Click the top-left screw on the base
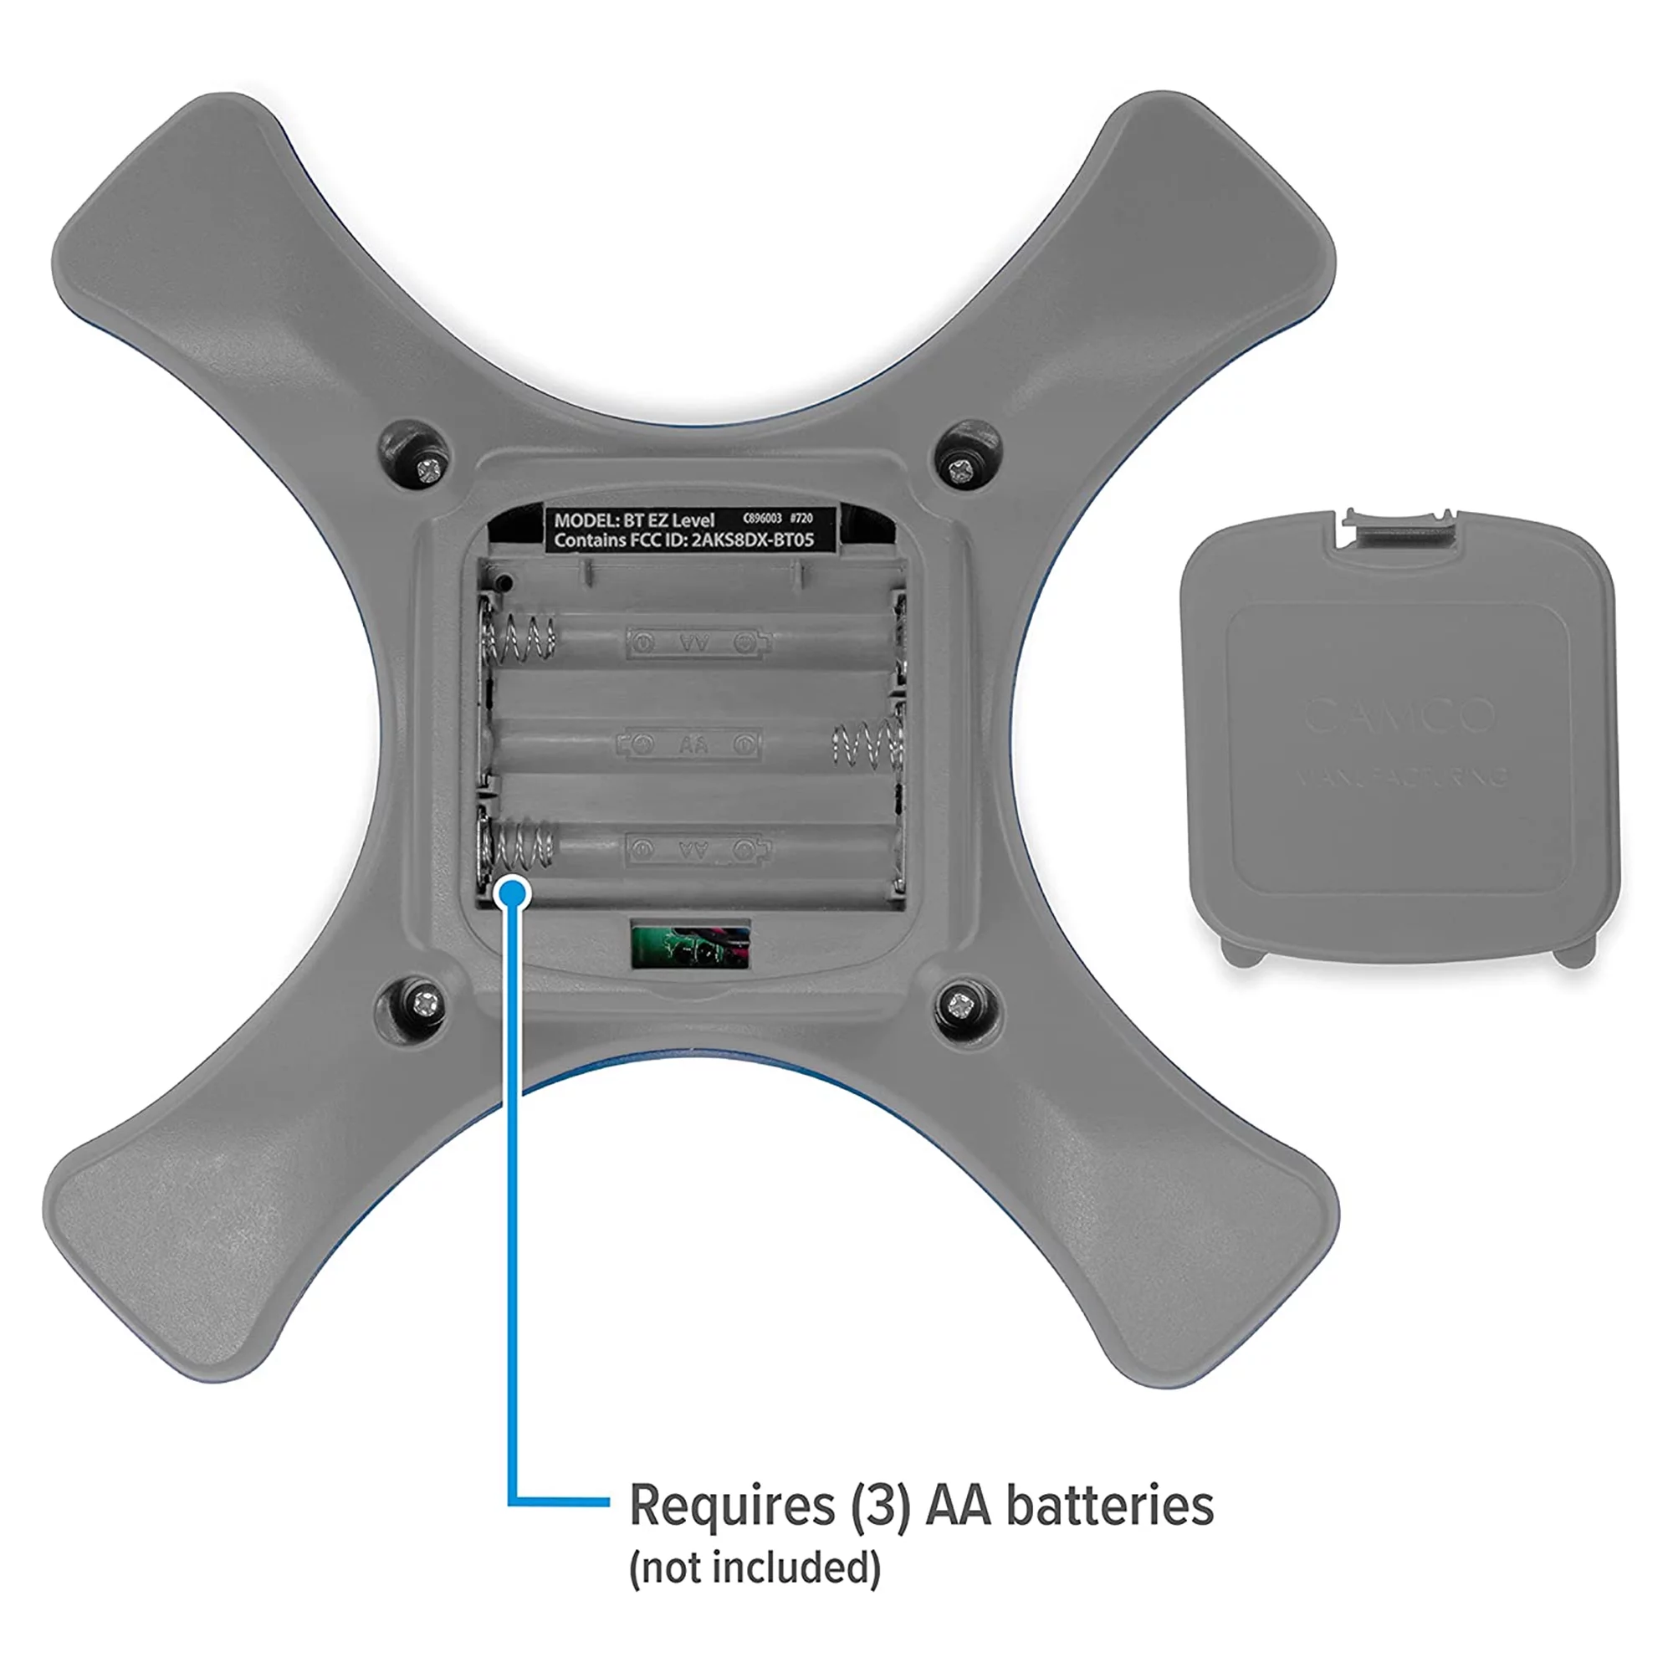tap(428, 470)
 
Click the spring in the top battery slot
tap(519, 640)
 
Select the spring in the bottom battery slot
tap(519, 846)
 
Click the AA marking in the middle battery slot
tap(693, 744)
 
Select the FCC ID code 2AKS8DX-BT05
tap(753, 540)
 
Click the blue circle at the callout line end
tap(514, 891)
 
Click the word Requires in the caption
tap(732, 1505)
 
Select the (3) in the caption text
tap(880, 1505)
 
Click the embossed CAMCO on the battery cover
tap(1399, 715)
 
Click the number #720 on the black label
tap(801, 518)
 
